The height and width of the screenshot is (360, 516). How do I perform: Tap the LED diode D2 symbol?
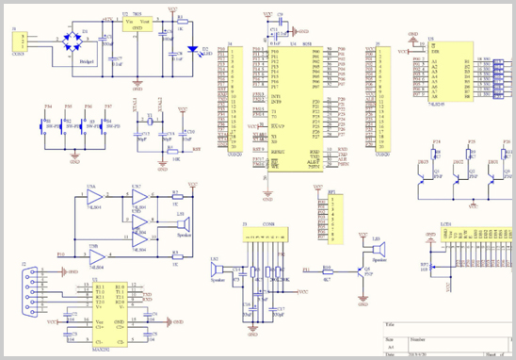click(x=193, y=51)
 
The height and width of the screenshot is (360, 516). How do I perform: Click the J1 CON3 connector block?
click(x=19, y=45)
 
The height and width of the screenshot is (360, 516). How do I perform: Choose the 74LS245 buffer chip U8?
click(x=448, y=72)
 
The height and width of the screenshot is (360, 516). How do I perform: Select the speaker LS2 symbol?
click(x=218, y=274)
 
